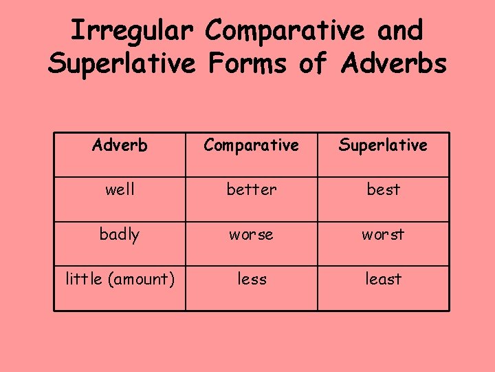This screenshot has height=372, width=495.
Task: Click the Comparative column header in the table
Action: [252, 145]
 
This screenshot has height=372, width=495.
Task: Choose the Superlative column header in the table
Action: [383, 145]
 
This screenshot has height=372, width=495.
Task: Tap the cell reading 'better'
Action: [252, 189]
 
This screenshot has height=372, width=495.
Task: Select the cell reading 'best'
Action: [383, 189]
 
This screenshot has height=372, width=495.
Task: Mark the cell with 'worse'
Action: [252, 234]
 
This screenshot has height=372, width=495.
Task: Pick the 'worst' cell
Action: [383, 234]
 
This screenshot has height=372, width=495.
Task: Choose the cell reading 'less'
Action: [252, 278]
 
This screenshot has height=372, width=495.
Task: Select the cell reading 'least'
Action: [383, 278]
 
